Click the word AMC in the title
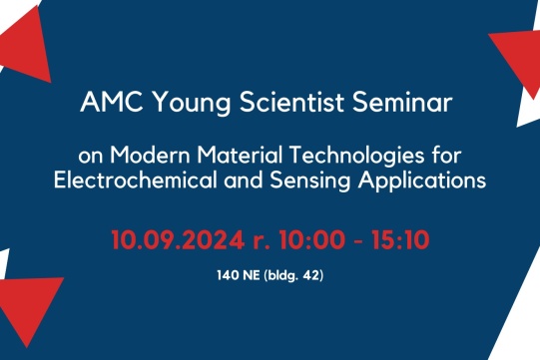(x=109, y=105)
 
